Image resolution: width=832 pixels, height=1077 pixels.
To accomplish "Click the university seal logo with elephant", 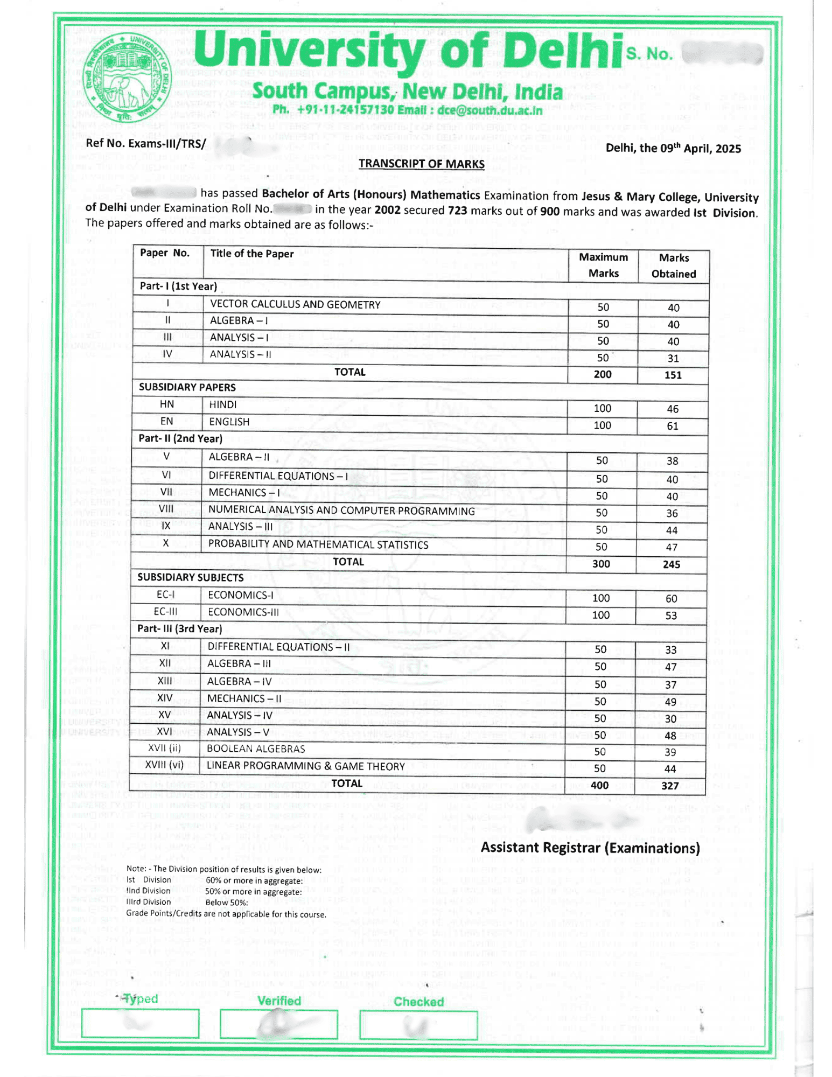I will (x=127, y=77).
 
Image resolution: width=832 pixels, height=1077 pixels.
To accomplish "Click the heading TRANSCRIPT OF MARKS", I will (x=421, y=164).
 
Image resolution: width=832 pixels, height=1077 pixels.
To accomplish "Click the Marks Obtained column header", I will (x=673, y=265).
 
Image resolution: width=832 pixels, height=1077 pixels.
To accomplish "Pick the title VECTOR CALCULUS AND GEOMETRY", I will (x=295, y=305).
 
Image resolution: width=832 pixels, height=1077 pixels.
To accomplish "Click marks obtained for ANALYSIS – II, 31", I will (x=673, y=359).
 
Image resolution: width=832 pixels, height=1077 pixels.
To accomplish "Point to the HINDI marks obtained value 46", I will (x=673, y=409).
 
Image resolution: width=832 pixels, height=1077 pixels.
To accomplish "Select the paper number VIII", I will (x=166, y=509).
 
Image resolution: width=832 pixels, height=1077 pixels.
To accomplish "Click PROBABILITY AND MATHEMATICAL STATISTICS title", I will (x=318, y=544).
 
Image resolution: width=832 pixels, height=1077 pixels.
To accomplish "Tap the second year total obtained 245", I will (x=672, y=564).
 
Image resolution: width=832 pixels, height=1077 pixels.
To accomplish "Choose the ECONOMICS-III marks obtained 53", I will (x=671, y=616).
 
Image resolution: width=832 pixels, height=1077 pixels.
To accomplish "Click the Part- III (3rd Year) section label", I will (x=179, y=629).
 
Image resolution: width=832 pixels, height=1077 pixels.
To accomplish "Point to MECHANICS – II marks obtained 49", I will (x=670, y=702).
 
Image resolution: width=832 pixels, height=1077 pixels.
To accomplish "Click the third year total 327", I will (x=670, y=786).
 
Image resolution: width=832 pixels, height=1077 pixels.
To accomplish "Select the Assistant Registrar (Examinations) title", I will (x=590, y=848).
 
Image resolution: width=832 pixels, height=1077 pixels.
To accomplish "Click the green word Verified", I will (x=279, y=1001).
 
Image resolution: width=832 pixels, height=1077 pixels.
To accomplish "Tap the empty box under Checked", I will (x=418, y=1025).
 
